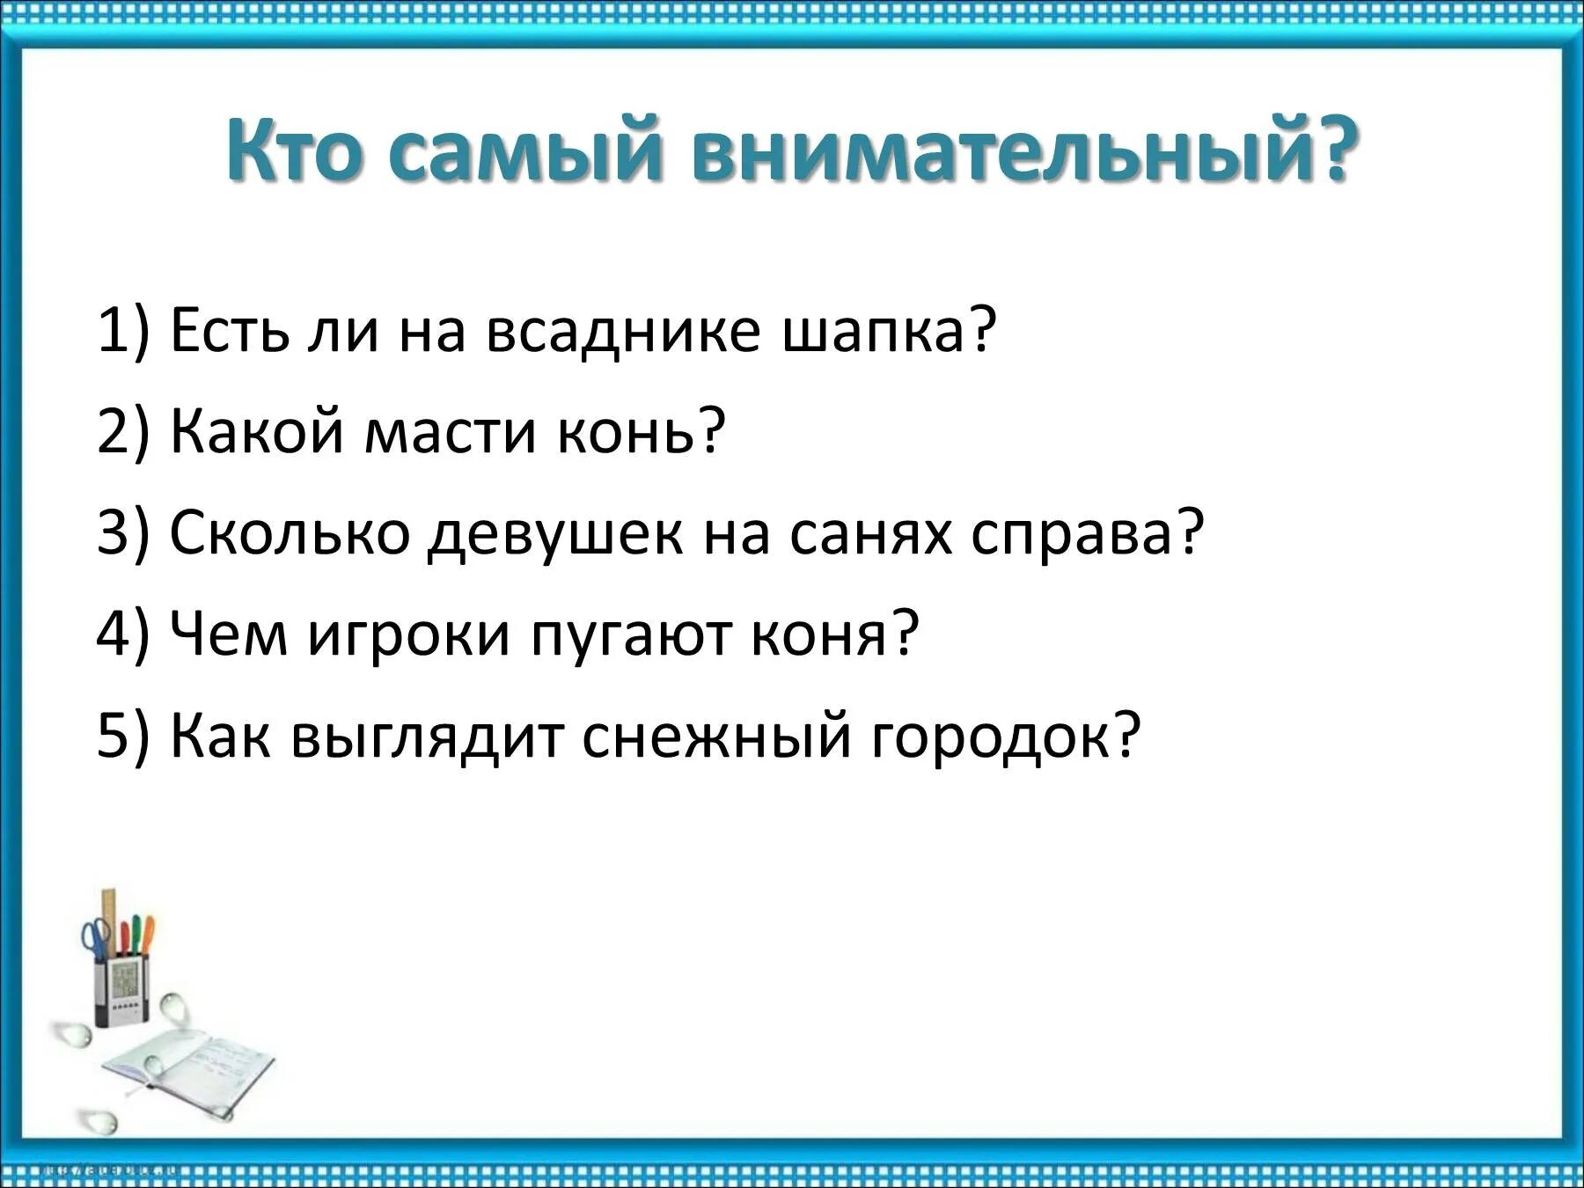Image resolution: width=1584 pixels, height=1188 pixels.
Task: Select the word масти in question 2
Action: pos(450,432)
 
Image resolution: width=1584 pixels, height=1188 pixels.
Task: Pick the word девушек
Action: pos(555,533)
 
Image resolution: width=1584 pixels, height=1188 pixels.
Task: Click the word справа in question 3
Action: pos(1087,533)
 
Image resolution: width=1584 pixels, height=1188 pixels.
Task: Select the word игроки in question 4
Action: pos(408,634)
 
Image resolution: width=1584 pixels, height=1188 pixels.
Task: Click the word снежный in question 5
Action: pos(716,736)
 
